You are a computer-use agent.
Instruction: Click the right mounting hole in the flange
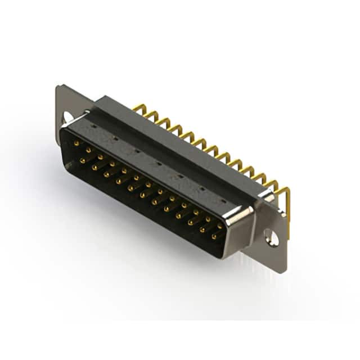272,238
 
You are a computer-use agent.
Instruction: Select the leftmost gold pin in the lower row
82,161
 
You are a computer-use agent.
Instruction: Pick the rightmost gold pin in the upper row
220,226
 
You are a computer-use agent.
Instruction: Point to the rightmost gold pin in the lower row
214,237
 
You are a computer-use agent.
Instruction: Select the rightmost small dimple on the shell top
224,200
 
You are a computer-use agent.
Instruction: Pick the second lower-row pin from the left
94,167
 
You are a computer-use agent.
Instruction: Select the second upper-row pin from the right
209,219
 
